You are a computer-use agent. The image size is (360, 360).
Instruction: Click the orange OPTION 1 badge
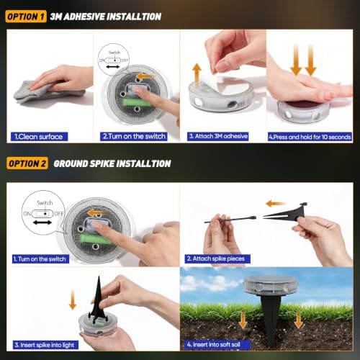(x=26, y=17)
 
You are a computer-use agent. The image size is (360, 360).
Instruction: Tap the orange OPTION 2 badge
(x=27, y=163)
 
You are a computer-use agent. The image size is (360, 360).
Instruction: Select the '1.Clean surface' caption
(x=39, y=137)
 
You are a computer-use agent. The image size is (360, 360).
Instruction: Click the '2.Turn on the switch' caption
(x=134, y=136)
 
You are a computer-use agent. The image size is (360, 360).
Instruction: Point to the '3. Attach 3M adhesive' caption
(x=218, y=136)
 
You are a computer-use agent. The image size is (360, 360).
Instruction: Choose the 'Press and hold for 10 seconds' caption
(x=310, y=137)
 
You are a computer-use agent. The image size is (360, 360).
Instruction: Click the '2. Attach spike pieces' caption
(x=217, y=258)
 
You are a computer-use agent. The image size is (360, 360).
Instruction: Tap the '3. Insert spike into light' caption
(x=45, y=345)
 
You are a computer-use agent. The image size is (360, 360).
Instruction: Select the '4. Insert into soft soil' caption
(x=217, y=345)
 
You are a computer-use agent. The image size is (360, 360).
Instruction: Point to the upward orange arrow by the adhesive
(x=197, y=75)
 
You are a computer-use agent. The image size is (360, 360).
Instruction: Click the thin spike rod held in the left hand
(x=230, y=220)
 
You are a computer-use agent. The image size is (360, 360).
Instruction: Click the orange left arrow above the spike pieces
(x=276, y=204)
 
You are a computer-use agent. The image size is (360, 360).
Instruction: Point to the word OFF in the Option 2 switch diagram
(x=58, y=214)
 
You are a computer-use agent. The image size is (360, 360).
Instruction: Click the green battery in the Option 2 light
(x=95, y=239)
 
